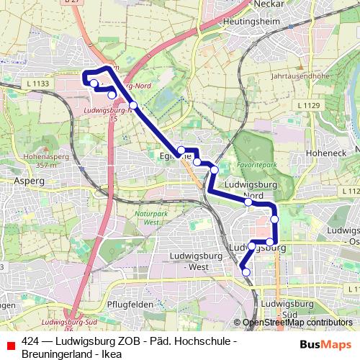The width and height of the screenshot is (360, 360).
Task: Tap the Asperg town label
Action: pyautogui.click(x=27, y=182)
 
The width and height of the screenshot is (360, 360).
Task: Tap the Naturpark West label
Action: pyautogui.click(x=150, y=218)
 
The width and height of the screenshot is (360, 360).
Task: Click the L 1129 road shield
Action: pyautogui.click(x=307, y=106)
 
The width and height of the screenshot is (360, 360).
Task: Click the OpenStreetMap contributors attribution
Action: pyautogui.click(x=297, y=323)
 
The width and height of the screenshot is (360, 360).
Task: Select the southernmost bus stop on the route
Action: pyautogui.click(x=246, y=271)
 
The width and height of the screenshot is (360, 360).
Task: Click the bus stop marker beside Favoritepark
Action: pyautogui.click(x=214, y=169)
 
